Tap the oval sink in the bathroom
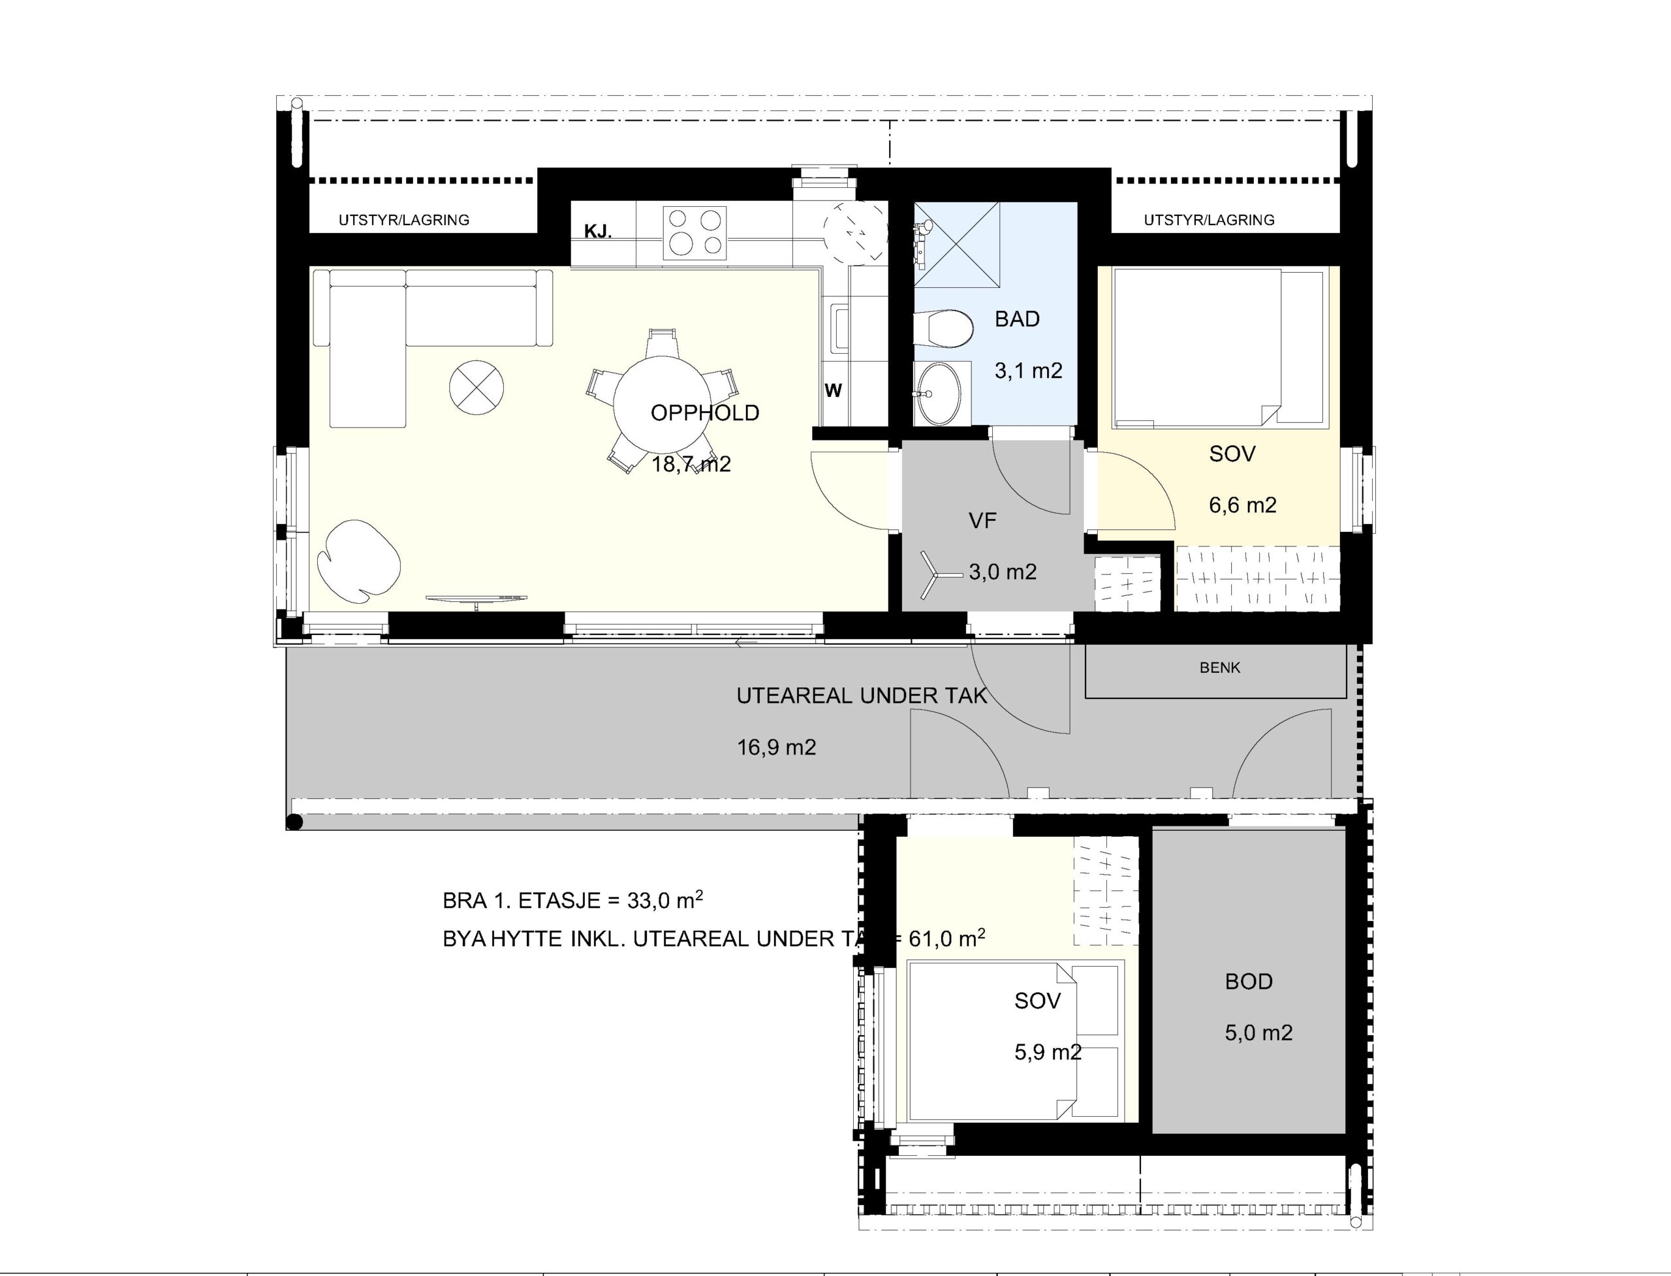click(x=938, y=394)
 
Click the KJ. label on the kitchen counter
click(x=598, y=232)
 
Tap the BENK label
click(x=1220, y=668)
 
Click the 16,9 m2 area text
click(x=776, y=747)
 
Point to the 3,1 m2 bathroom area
click(x=1029, y=371)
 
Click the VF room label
click(x=982, y=520)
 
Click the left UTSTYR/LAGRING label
click(x=404, y=220)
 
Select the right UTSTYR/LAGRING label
click(x=1210, y=220)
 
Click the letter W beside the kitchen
click(x=834, y=390)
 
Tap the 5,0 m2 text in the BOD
click(x=1258, y=1033)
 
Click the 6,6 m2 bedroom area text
click(x=1243, y=505)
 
